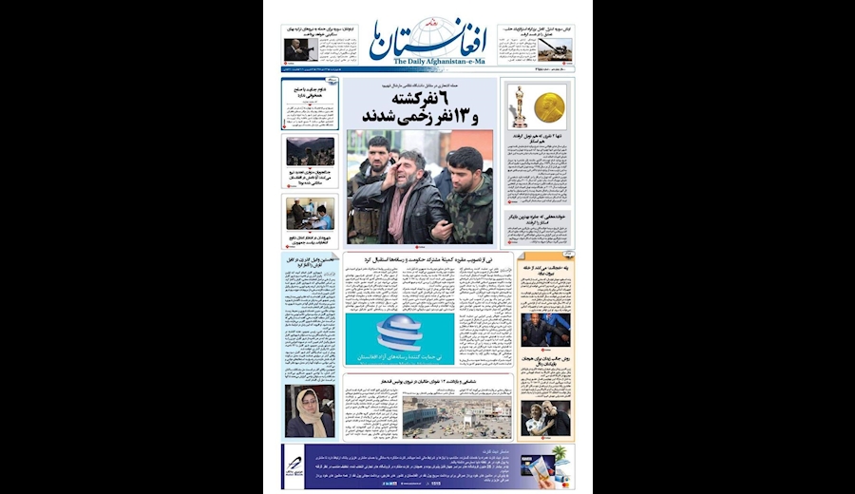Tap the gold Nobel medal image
point(549,107)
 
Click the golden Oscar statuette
point(519,106)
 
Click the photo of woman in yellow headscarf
point(310,409)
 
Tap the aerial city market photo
point(456,416)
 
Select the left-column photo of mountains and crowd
point(310,151)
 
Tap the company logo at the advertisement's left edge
point(295,465)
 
